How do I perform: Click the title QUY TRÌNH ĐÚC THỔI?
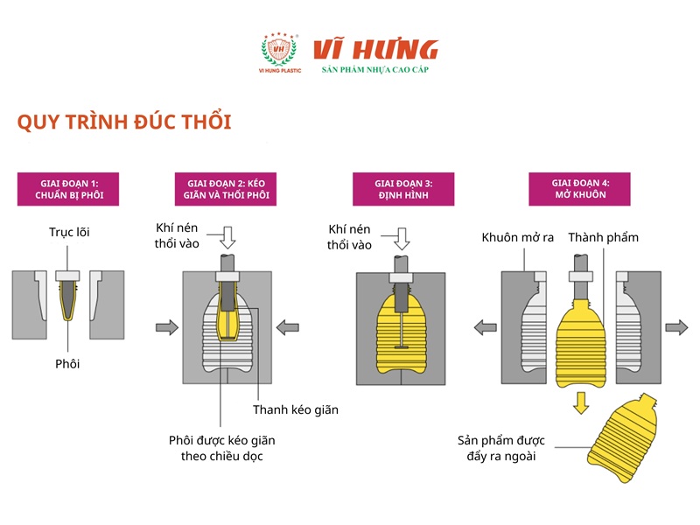[x=124, y=122]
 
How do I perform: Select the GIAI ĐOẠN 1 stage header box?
[x=67, y=189]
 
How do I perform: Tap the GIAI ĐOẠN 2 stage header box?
[x=225, y=189]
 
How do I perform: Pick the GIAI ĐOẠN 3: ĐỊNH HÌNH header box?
[x=403, y=189]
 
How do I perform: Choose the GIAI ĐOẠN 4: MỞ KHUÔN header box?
[x=579, y=189]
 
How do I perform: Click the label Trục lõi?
[x=69, y=233]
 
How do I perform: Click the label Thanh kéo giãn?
[x=296, y=409]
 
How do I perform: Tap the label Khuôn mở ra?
[x=518, y=237]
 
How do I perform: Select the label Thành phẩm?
[x=604, y=237]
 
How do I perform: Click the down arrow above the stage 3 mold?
[x=403, y=236]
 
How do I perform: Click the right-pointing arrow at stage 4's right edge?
[x=675, y=327]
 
